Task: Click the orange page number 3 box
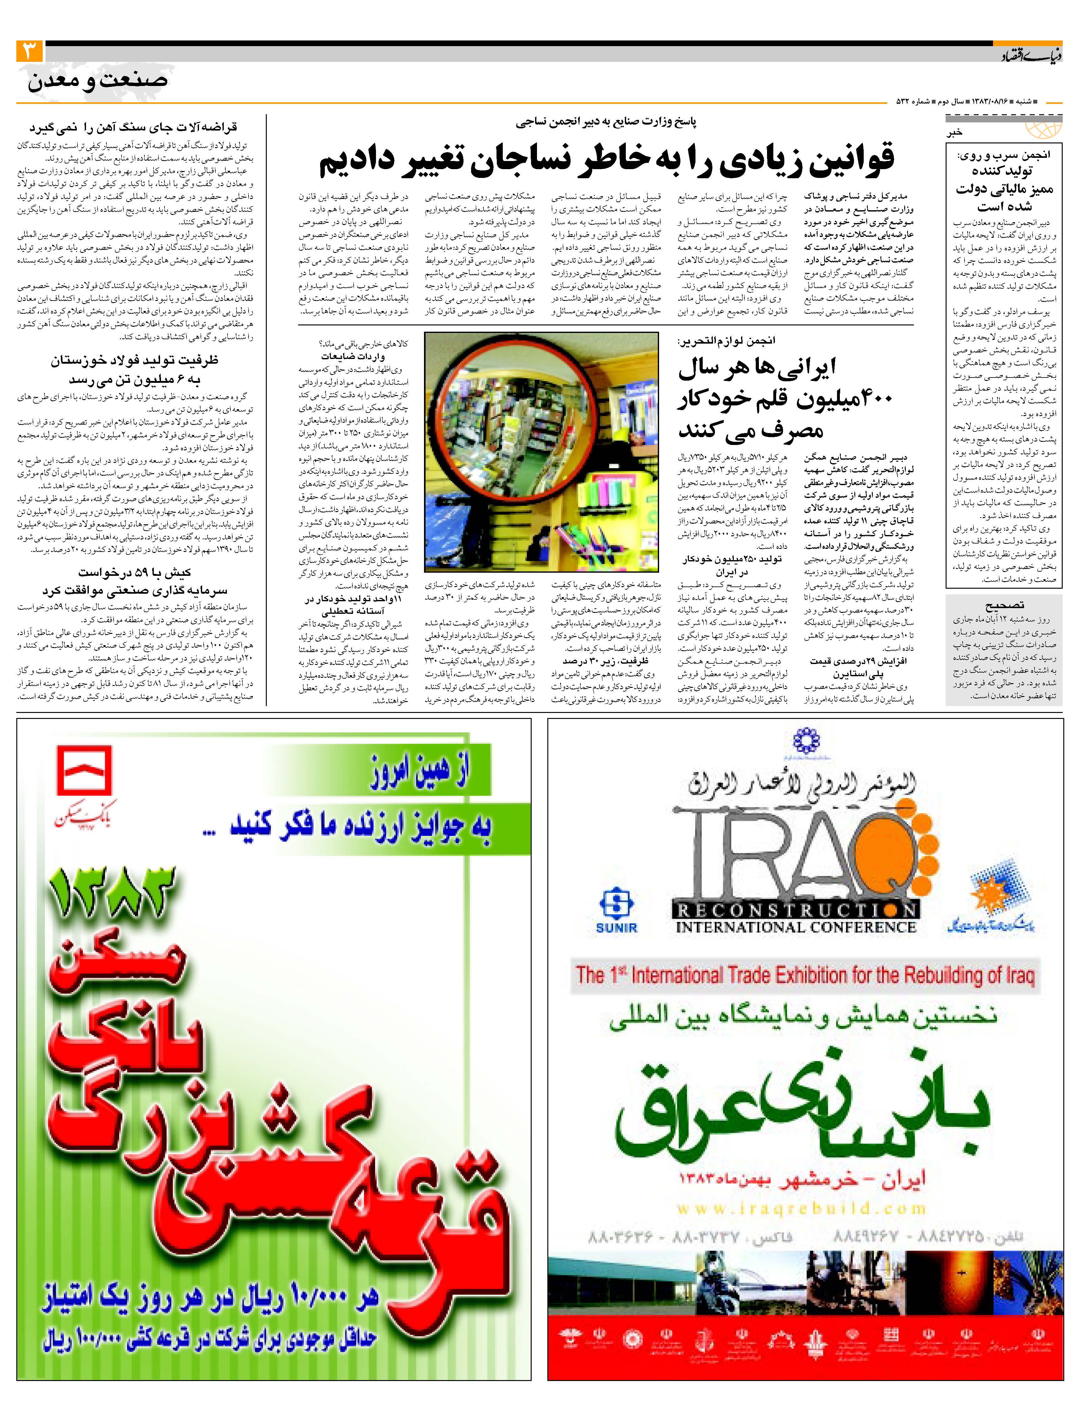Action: tap(30, 51)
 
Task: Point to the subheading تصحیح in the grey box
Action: tap(1004, 605)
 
